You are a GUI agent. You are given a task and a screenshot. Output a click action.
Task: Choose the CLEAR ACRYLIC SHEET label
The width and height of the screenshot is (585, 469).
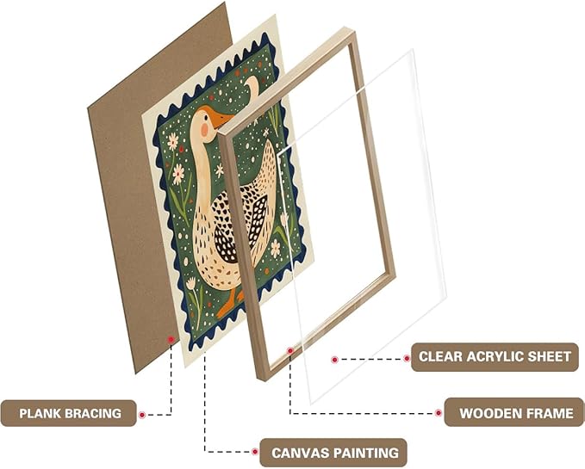[495, 357]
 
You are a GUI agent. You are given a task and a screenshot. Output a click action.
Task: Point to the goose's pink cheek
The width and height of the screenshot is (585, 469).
[204, 129]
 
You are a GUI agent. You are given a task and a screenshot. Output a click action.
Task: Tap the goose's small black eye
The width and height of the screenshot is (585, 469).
[207, 116]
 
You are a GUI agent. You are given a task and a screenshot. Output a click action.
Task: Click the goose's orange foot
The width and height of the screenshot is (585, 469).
[227, 304]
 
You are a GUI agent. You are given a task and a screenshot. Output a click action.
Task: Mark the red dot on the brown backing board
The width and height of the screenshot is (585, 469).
[171, 339]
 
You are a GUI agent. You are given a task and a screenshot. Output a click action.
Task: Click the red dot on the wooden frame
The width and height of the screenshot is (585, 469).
[289, 350]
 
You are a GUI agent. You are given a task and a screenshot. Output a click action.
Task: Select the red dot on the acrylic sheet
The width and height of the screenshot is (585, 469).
[334, 360]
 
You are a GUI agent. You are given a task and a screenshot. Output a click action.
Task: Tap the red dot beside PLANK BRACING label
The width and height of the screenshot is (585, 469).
[142, 415]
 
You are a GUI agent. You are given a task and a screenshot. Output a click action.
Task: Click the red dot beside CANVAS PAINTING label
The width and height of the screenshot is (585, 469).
[255, 452]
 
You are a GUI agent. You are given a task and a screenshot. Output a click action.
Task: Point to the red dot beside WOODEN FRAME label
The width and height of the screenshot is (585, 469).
[439, 413]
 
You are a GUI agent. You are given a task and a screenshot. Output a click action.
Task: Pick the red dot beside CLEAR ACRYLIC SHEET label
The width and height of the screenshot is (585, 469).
[407, 358]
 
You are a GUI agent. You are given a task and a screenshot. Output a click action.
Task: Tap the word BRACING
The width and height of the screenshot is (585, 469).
[93, 414]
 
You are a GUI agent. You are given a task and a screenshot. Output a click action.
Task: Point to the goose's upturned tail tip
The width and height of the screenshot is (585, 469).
[253, 83]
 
